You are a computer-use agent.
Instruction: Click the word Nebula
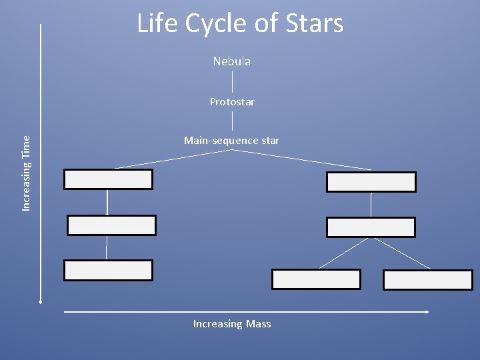pos(232,61)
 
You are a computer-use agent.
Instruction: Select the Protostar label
pos(232,102)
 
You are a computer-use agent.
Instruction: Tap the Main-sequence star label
pos(231,141)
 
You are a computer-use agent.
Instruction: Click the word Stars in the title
pos(312,24)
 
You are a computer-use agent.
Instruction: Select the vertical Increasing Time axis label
pos(27,173)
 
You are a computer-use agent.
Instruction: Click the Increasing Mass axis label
pos(232,324)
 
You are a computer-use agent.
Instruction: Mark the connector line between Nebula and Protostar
pos(232,81)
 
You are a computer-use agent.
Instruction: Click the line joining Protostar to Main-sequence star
pos(232,121)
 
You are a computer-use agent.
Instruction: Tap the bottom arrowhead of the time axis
pos(41,302)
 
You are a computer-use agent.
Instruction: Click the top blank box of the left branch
pos(108,179)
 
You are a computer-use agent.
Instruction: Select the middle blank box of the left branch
pos(111,225)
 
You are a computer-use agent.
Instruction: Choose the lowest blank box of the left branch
pos(108,270)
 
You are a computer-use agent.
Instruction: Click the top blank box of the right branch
pos(371,182)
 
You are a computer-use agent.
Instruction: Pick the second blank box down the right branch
pos(371,227)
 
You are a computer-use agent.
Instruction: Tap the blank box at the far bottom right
pos(427,280)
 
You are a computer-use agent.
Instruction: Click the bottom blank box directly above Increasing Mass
pos(316,279)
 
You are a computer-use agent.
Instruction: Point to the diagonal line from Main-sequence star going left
pos(173,159)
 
